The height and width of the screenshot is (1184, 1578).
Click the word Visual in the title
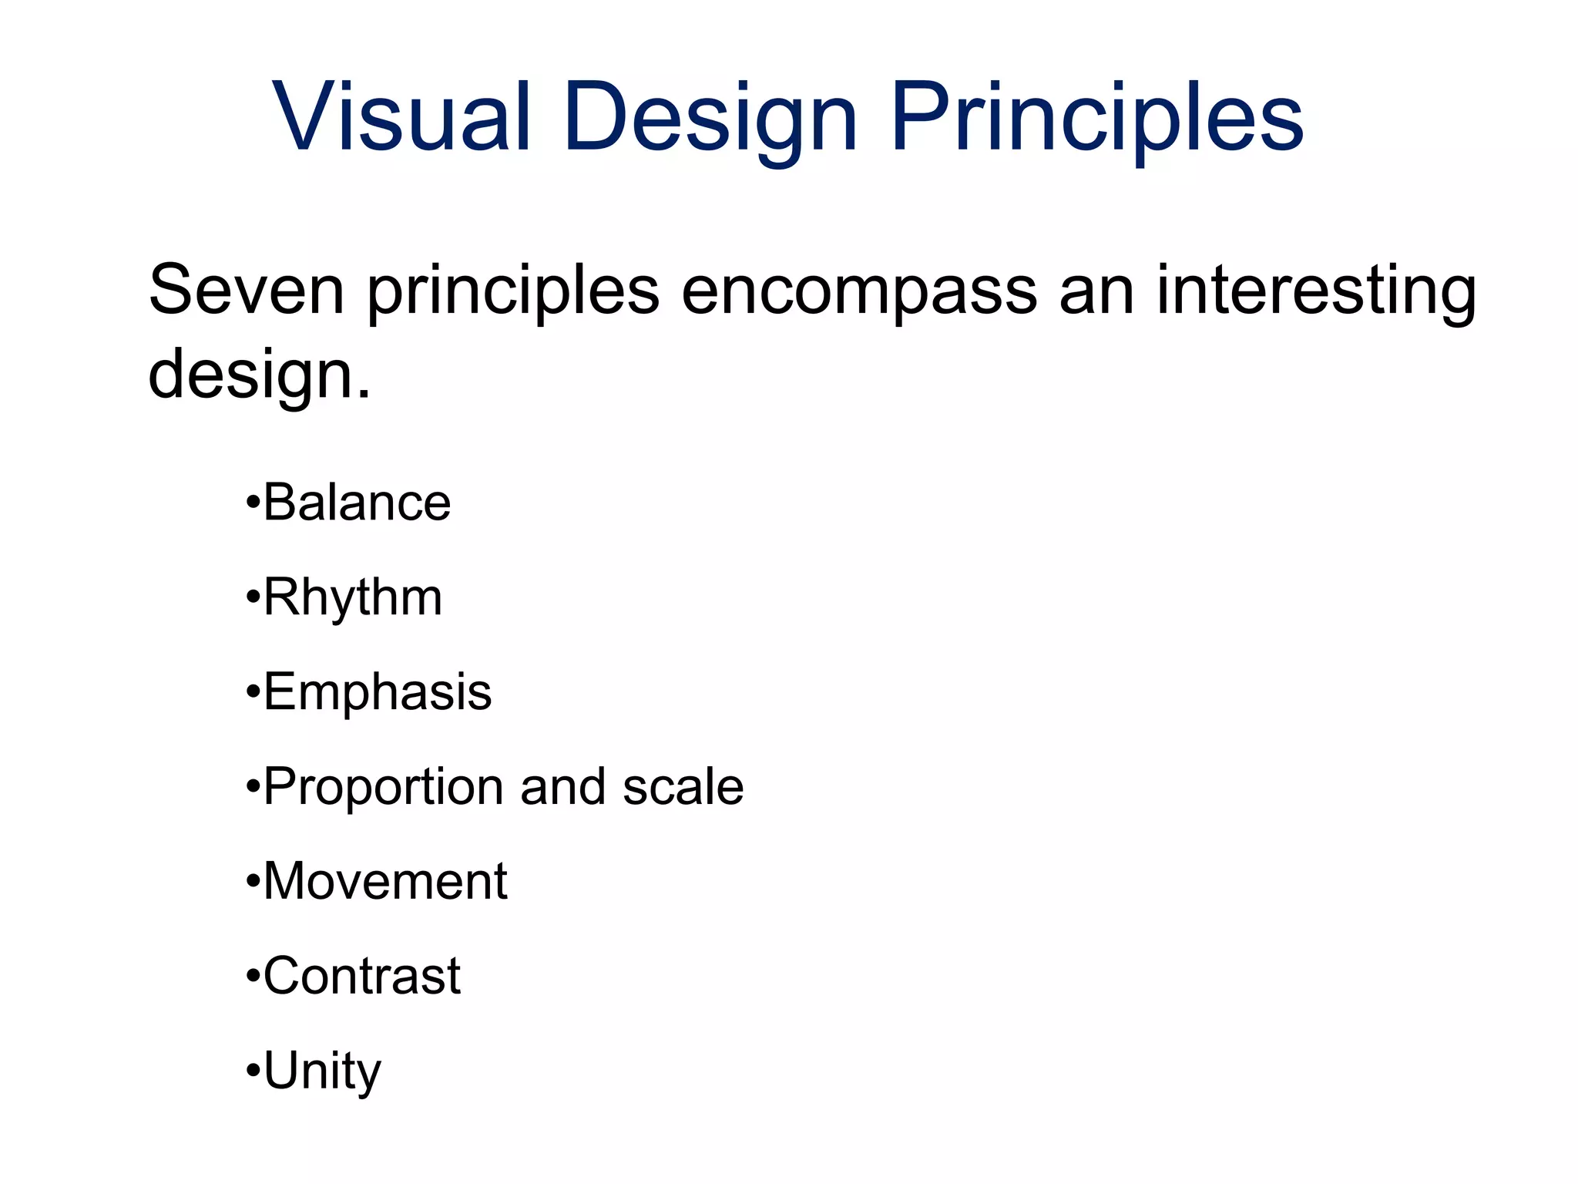click(x=401, y=117)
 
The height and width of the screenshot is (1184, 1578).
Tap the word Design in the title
click(x=710, y=119)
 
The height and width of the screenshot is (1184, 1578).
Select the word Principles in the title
click(x=1096, y=119)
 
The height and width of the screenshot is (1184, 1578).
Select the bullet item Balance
click(x=357, y=503)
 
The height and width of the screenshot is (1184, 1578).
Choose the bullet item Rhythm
click(x=353, y=598)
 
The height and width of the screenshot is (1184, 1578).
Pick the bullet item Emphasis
click(x=378, y=692)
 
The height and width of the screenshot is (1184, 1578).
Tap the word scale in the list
click(x=683, y=787)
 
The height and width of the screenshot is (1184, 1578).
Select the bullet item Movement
click(x=385, y=881)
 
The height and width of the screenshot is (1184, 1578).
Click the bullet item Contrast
click(x=362, y=976)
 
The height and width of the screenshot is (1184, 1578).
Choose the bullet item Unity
click(x=322, y=1071)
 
